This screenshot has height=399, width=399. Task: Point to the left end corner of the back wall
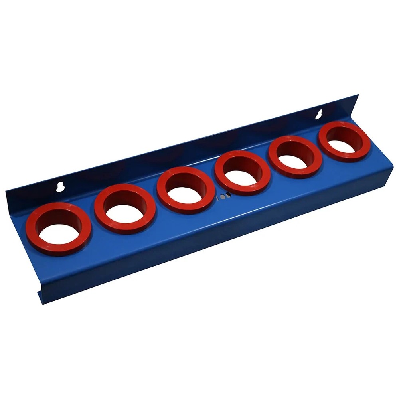tap(6, 192)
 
